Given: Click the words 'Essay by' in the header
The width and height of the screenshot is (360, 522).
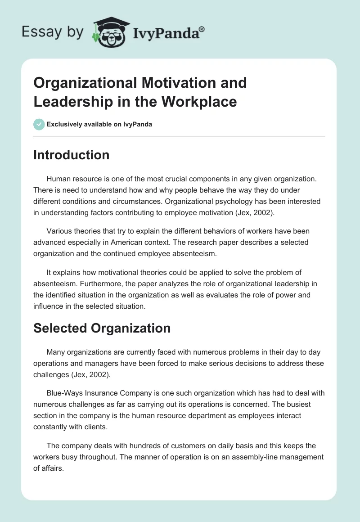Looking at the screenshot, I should [53, 32].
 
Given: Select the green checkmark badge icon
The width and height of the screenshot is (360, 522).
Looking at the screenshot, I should [39, 124].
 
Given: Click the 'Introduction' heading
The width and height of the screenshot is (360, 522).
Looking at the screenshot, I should [71, 155].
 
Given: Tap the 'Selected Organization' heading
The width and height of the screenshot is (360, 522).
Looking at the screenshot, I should [102, 328].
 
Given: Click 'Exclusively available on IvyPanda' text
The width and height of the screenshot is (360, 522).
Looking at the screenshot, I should [99, 124].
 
